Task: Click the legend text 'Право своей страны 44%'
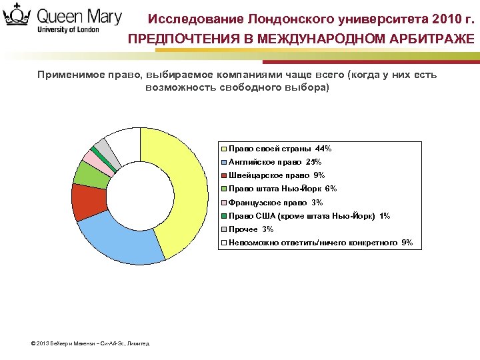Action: (280, 149)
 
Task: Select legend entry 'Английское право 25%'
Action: (275, 162)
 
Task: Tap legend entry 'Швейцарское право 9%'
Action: (276, 175)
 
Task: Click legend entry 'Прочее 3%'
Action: (251, 229)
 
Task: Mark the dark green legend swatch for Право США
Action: (225, 216)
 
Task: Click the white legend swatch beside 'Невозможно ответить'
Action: (225, 243)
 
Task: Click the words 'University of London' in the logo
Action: (69, 30)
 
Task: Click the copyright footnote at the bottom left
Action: (91, 343)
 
